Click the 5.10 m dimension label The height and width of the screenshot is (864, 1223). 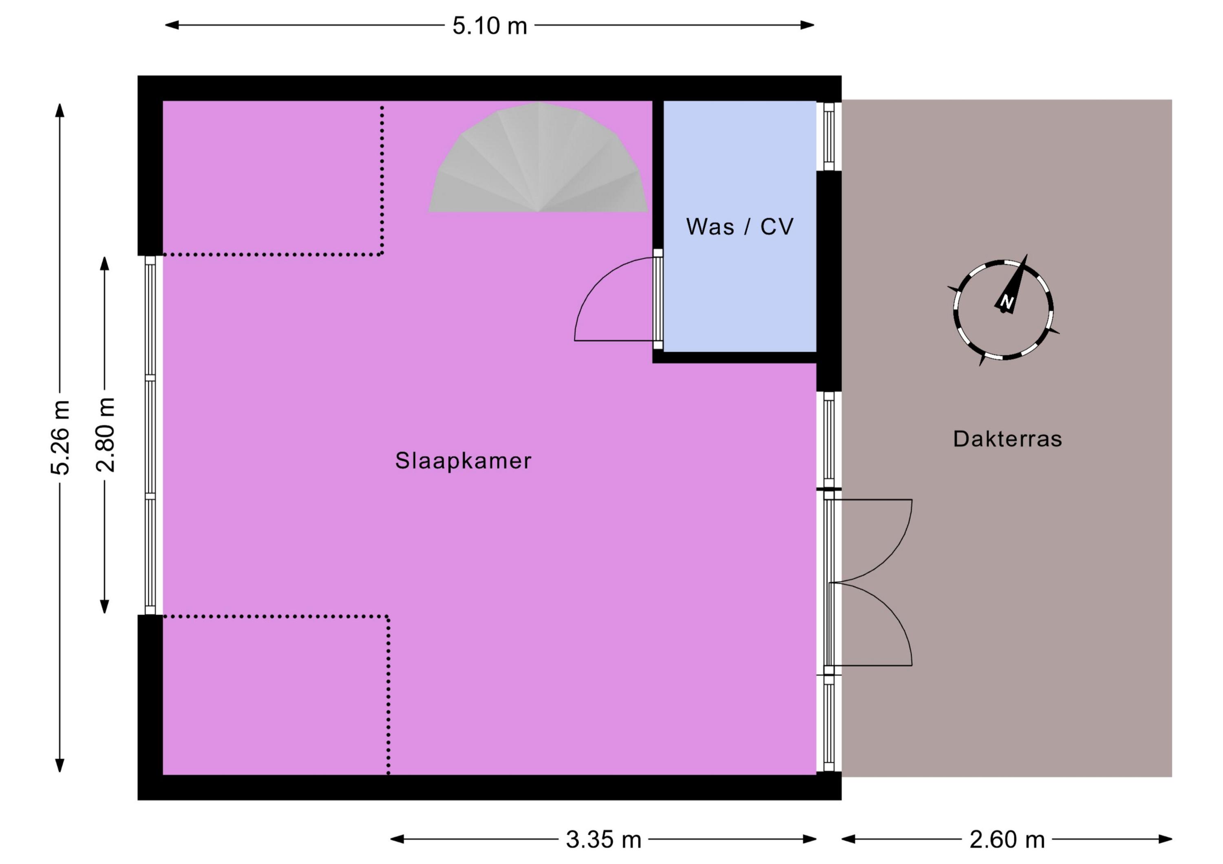(490, 26)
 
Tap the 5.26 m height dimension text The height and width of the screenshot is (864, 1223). (60, 437)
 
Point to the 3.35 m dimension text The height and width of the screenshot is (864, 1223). (603, 840)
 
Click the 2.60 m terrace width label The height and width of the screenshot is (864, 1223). (1007, 840)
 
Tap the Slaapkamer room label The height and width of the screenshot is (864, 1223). (463, 461)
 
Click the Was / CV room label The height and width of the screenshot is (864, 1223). (740, 227)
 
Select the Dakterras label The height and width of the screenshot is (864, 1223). (1007, 439)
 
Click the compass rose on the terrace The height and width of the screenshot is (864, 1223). (1003, 310)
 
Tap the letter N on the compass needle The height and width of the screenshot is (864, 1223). (1006, 301)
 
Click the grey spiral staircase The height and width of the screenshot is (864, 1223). (538, 158)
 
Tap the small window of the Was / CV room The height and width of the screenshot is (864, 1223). (829, 136)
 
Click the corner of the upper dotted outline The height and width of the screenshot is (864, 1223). (382, 255)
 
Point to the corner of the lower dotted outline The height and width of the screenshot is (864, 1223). (388, 616)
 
